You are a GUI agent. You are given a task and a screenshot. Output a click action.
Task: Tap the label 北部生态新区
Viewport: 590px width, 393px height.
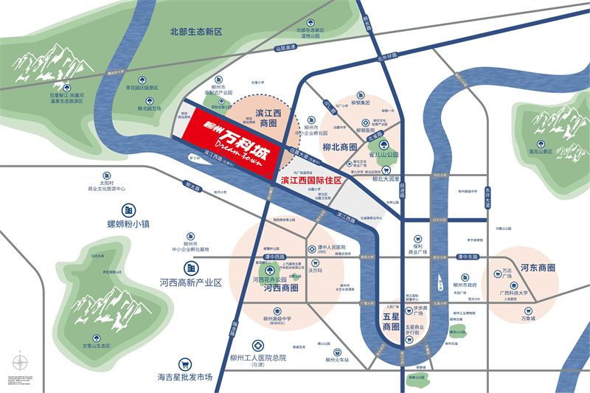tap(195, 32)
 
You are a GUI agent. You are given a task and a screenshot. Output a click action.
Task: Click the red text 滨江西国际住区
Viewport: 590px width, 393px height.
tap(312, 180)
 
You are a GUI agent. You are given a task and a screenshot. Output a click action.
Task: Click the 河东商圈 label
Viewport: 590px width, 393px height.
tap(536, 267)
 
